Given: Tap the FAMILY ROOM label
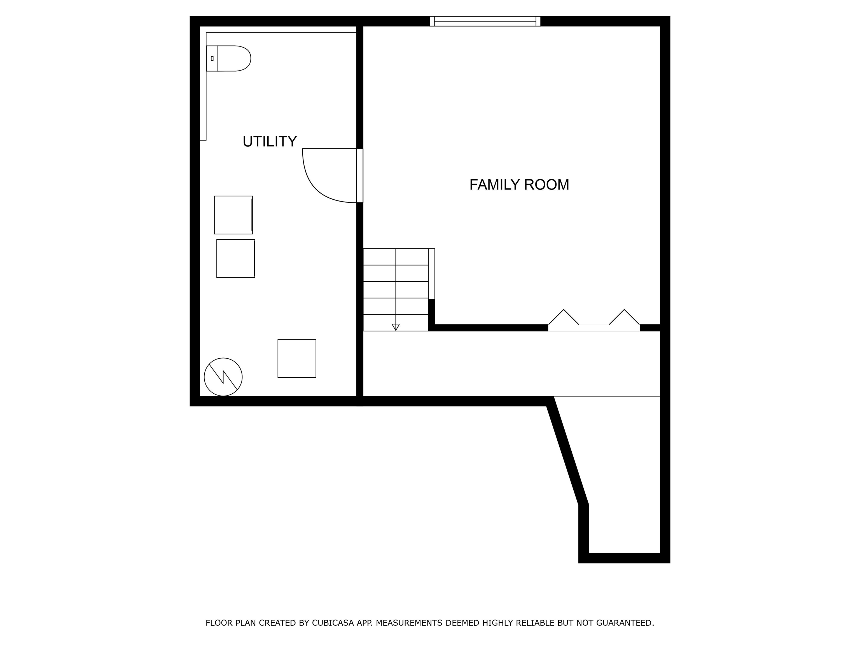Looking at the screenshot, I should pyautogui.click(x=519, y=185).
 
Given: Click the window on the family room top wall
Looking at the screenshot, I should pyautogui.click(x=485, y=21).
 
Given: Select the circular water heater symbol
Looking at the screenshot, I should pyautogui.click(x=223, y=377).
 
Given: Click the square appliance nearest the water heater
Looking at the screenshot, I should pyautogui.click(x=297, y=358).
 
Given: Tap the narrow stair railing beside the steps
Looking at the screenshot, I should pyautogui.click(x=432, y=274).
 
